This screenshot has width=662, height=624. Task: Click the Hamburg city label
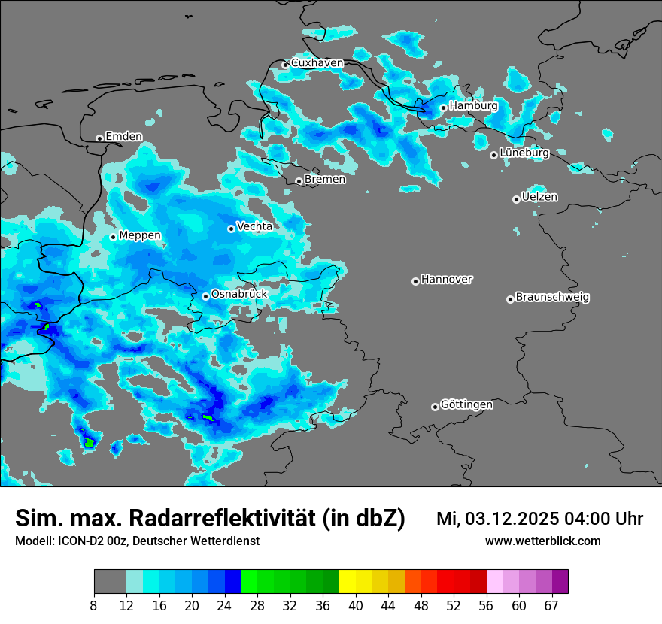click(x=473, y=106)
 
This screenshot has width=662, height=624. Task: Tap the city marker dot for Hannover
click(x=415, y=281)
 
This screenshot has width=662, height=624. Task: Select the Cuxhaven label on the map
click(x=317, y=63)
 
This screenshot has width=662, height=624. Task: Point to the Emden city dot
click(x=99, y=138)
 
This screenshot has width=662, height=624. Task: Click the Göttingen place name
click(x=466, y=405)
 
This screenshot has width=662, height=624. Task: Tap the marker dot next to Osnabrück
click(x=205, y=296)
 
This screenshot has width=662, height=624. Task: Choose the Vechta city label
click(x=254, y=226)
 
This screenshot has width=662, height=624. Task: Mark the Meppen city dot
click(x=113, y=237)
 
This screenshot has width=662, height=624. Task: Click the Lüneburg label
click(x=524, y=153)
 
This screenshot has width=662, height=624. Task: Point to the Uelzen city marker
click(x=516, y=199)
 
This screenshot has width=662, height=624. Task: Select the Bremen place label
click(x=325, y=180)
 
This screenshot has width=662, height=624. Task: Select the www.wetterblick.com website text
click(x=542, y=541)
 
